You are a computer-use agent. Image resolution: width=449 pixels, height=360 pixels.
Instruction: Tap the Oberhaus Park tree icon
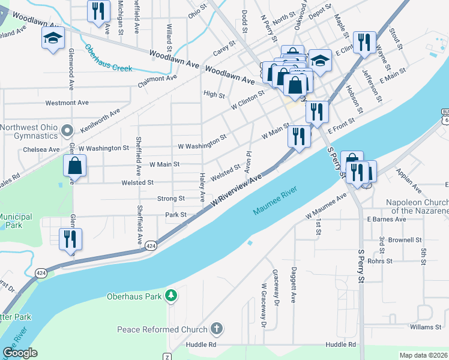click(172, 296)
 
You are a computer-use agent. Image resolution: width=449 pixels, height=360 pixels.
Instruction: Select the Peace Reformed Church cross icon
click(217, 329)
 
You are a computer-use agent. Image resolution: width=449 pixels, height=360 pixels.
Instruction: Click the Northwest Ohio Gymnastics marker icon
click(67, 129)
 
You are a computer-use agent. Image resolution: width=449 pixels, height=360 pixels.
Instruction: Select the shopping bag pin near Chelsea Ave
click(75, 166)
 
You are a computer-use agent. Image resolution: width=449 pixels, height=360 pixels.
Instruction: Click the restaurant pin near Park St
click(70, 239)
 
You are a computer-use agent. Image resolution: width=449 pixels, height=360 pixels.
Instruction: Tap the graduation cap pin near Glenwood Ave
click(53, 38)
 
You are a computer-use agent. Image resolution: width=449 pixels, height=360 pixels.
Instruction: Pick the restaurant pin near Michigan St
click(98, 11)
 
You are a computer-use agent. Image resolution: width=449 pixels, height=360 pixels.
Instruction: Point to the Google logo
click(20, 353)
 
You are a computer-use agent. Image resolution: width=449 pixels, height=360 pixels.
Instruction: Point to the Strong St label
click(171, 199)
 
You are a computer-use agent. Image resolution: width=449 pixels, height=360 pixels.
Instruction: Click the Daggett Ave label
click(294, 284)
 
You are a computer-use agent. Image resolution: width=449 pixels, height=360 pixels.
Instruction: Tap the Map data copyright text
click(424, 355)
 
